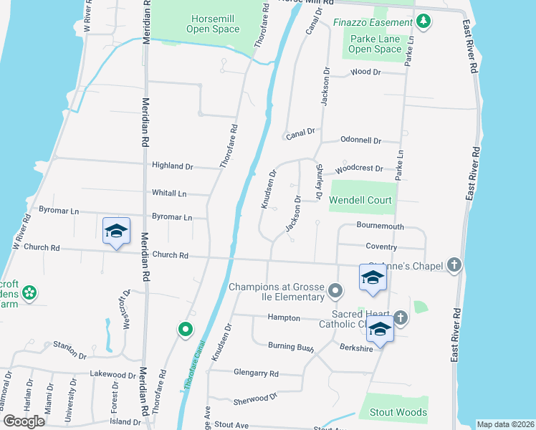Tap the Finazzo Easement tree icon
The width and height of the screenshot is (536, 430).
tap(424, 21)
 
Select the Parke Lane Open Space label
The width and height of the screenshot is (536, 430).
tap(375, 44)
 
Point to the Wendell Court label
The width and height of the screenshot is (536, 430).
tap(360, 200)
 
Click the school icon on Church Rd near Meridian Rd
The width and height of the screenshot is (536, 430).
tap(116, 231)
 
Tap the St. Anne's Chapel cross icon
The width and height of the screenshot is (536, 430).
tap(453, 265)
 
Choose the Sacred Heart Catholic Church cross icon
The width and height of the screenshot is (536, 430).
tap(400, 317)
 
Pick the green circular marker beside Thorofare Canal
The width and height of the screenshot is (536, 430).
tap(185, 330)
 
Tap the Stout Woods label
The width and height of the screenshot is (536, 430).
tap(398, 412)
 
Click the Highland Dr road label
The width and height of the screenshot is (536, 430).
tap(173, 166)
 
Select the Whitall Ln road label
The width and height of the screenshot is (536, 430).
tap(169, 193)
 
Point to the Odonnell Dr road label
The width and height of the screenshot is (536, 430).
tap(360, 141)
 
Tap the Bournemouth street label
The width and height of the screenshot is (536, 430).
tap(381, 226)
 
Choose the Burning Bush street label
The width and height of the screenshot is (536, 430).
tap(291, 347)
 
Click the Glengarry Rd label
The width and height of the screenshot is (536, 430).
tap(256, 373)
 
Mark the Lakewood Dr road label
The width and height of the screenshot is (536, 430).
tap(113, 375)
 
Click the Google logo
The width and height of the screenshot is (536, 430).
tap(24, 421)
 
